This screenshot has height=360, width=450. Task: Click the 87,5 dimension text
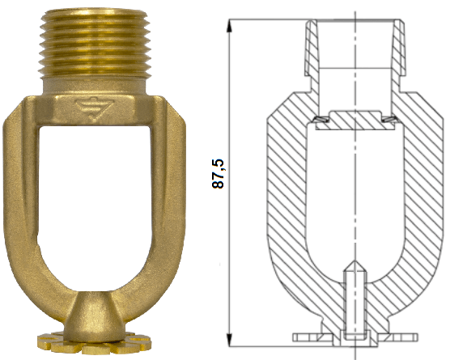pos(218,174)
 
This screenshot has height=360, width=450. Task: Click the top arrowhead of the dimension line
pos(229,25)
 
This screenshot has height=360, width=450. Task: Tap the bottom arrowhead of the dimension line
pos(229,341)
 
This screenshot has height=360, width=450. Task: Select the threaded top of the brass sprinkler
pos(95,44)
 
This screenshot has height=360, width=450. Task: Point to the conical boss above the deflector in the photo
pos(94,316)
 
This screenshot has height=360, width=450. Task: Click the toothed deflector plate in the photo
pos(94,343)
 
